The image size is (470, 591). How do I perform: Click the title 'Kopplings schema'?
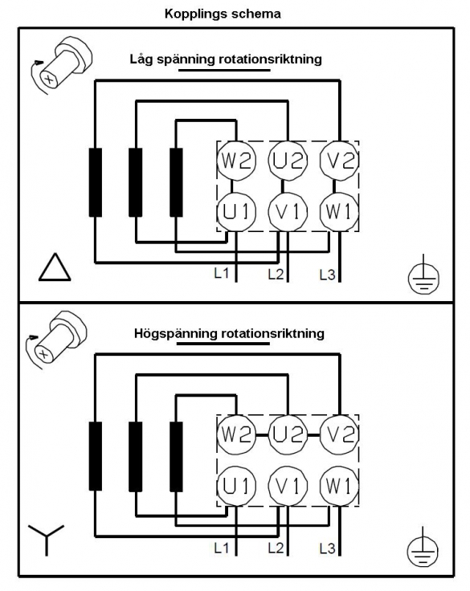(223, 14)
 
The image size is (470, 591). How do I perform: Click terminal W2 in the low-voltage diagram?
(236, 161)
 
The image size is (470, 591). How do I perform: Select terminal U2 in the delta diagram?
(288, 161)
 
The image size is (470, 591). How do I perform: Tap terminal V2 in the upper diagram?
(340, 161)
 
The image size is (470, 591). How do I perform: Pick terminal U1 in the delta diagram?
(236, 212)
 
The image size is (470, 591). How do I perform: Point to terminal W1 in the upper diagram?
(340, 212)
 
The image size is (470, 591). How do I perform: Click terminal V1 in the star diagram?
(288, 486)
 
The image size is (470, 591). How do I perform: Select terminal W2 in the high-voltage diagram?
(236, 434)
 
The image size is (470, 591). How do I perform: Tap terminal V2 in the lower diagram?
(340, 434)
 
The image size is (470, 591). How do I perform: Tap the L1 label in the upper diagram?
(222, 273)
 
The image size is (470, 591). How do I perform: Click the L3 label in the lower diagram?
(327, 548)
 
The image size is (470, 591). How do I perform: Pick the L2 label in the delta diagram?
(276, 275)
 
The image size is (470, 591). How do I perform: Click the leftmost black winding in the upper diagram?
(96, 182)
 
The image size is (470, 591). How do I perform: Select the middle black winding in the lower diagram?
(136, 457)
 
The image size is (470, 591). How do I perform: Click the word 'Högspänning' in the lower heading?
(176, 334)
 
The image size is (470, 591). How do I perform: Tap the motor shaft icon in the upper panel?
(60, 65)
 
